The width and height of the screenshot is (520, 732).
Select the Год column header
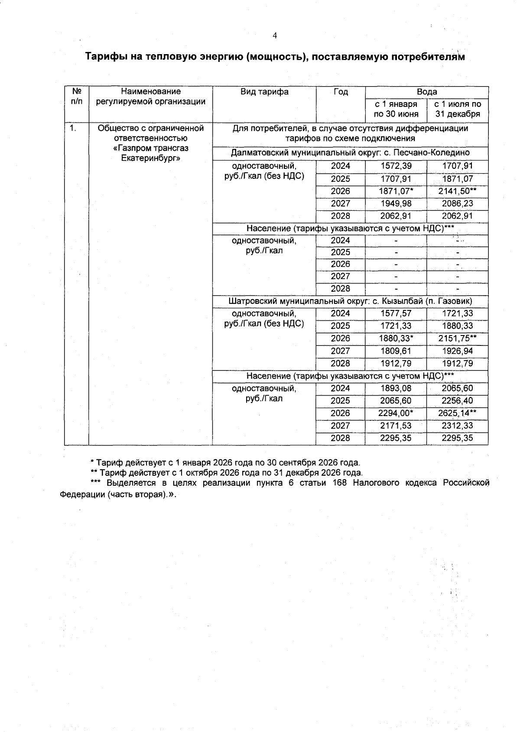coord(341,92)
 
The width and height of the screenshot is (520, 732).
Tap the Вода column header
coord(427,92)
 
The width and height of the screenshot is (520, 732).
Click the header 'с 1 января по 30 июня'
coord(396,109)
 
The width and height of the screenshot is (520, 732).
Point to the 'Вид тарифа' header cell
coord(264,92)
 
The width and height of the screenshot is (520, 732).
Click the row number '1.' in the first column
coord(74,128)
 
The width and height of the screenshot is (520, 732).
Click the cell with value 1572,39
coord(396,166)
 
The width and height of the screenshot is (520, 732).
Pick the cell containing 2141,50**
coord(457,191)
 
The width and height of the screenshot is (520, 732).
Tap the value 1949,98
coord(396,203)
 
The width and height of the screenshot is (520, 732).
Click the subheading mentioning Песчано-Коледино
coord(350,153)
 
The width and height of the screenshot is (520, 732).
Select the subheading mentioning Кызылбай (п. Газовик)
coord(350,301)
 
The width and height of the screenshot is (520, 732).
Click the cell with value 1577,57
coord(396,313)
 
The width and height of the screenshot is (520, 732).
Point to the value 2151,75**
coord(457,339)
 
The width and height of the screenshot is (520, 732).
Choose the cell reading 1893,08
coord(396,388)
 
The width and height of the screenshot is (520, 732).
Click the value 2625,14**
coord(457,413)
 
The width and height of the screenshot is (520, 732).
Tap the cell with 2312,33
coord(457,426)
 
